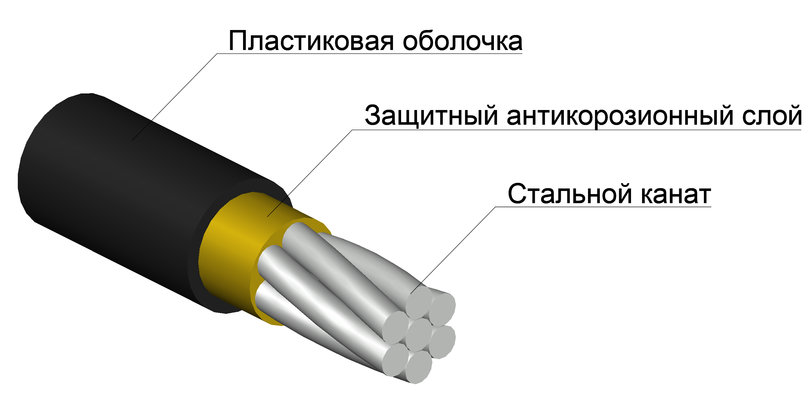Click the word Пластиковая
click(311, 41)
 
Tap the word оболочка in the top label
click(462, 41)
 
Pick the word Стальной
click(570, 194)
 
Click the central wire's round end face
click(418, 335)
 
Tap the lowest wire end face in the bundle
click(418, 367)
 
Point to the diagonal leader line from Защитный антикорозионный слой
click(310, 173)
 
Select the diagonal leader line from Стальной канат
click(453, 250)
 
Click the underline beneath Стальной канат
click(604, 207)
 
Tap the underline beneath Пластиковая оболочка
click(370, 53)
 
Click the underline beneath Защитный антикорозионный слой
click(577, 130)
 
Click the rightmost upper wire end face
click(442, 310)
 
